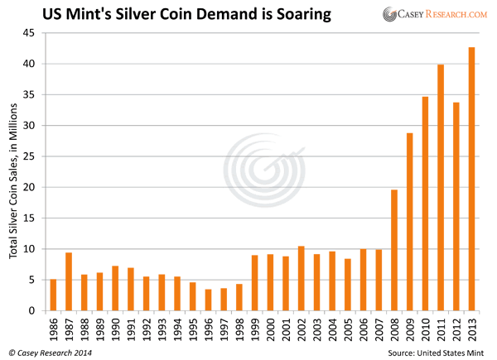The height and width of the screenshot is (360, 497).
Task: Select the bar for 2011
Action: tap(441, 187)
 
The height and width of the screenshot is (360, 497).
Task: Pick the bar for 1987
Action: tap(69, 281)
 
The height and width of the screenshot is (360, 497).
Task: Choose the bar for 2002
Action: tap(301, 278)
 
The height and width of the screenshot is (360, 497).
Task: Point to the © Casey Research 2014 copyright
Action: tap(51, 351)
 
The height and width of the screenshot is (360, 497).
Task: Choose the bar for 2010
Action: tap(425, 204)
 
